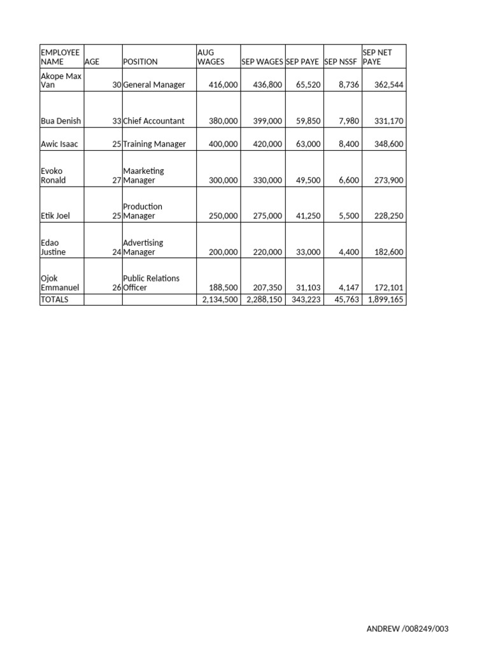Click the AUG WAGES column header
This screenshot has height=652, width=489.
211,57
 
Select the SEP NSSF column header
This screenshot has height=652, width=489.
341,62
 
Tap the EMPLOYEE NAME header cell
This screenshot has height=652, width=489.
60,57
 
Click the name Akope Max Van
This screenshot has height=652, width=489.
61,80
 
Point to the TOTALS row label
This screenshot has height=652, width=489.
55,299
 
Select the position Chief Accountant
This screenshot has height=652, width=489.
154,121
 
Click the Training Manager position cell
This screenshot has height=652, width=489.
155,144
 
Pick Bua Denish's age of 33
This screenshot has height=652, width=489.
117,121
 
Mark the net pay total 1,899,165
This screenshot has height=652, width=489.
384,299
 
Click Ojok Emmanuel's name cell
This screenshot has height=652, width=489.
60,283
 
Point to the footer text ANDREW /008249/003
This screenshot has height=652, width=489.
407,629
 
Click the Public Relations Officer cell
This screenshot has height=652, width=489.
152,283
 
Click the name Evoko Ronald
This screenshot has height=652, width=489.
53,175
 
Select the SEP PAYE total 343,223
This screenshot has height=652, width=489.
306,299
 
